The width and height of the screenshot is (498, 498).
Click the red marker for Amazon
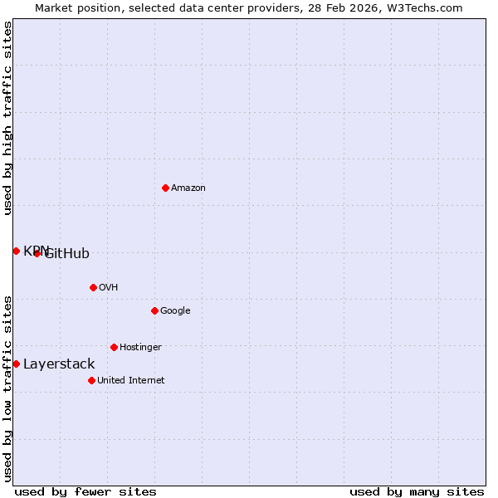tap(165, 188)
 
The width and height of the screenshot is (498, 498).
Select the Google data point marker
tap(154, 310)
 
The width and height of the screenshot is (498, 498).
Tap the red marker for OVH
tap(93, 287)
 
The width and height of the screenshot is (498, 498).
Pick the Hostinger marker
tap(114, 347)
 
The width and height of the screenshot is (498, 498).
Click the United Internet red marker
tap(91, 380)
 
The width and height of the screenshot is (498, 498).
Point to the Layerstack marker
tap(16, 364)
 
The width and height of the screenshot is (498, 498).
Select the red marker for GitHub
tap(37, 253)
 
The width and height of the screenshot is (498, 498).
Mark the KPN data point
tap(16, 251)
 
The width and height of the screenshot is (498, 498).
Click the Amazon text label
tap(188, 188)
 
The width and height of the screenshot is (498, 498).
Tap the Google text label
tap(175, 310)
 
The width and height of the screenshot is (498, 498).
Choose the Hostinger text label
tap(140, 347)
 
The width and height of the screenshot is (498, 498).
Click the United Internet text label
tap(130, 380)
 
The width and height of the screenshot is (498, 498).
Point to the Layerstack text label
tap(59, 364)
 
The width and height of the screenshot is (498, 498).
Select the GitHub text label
tap(68, 254)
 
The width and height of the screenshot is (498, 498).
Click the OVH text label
tap(108, 287)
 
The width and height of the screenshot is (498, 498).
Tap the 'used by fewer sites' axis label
tap(85, 491)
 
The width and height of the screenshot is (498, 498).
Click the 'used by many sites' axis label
tap(417, 491)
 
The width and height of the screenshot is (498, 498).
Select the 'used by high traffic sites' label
tap(7, 118)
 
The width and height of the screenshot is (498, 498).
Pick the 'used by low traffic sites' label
tap(7, 388)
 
